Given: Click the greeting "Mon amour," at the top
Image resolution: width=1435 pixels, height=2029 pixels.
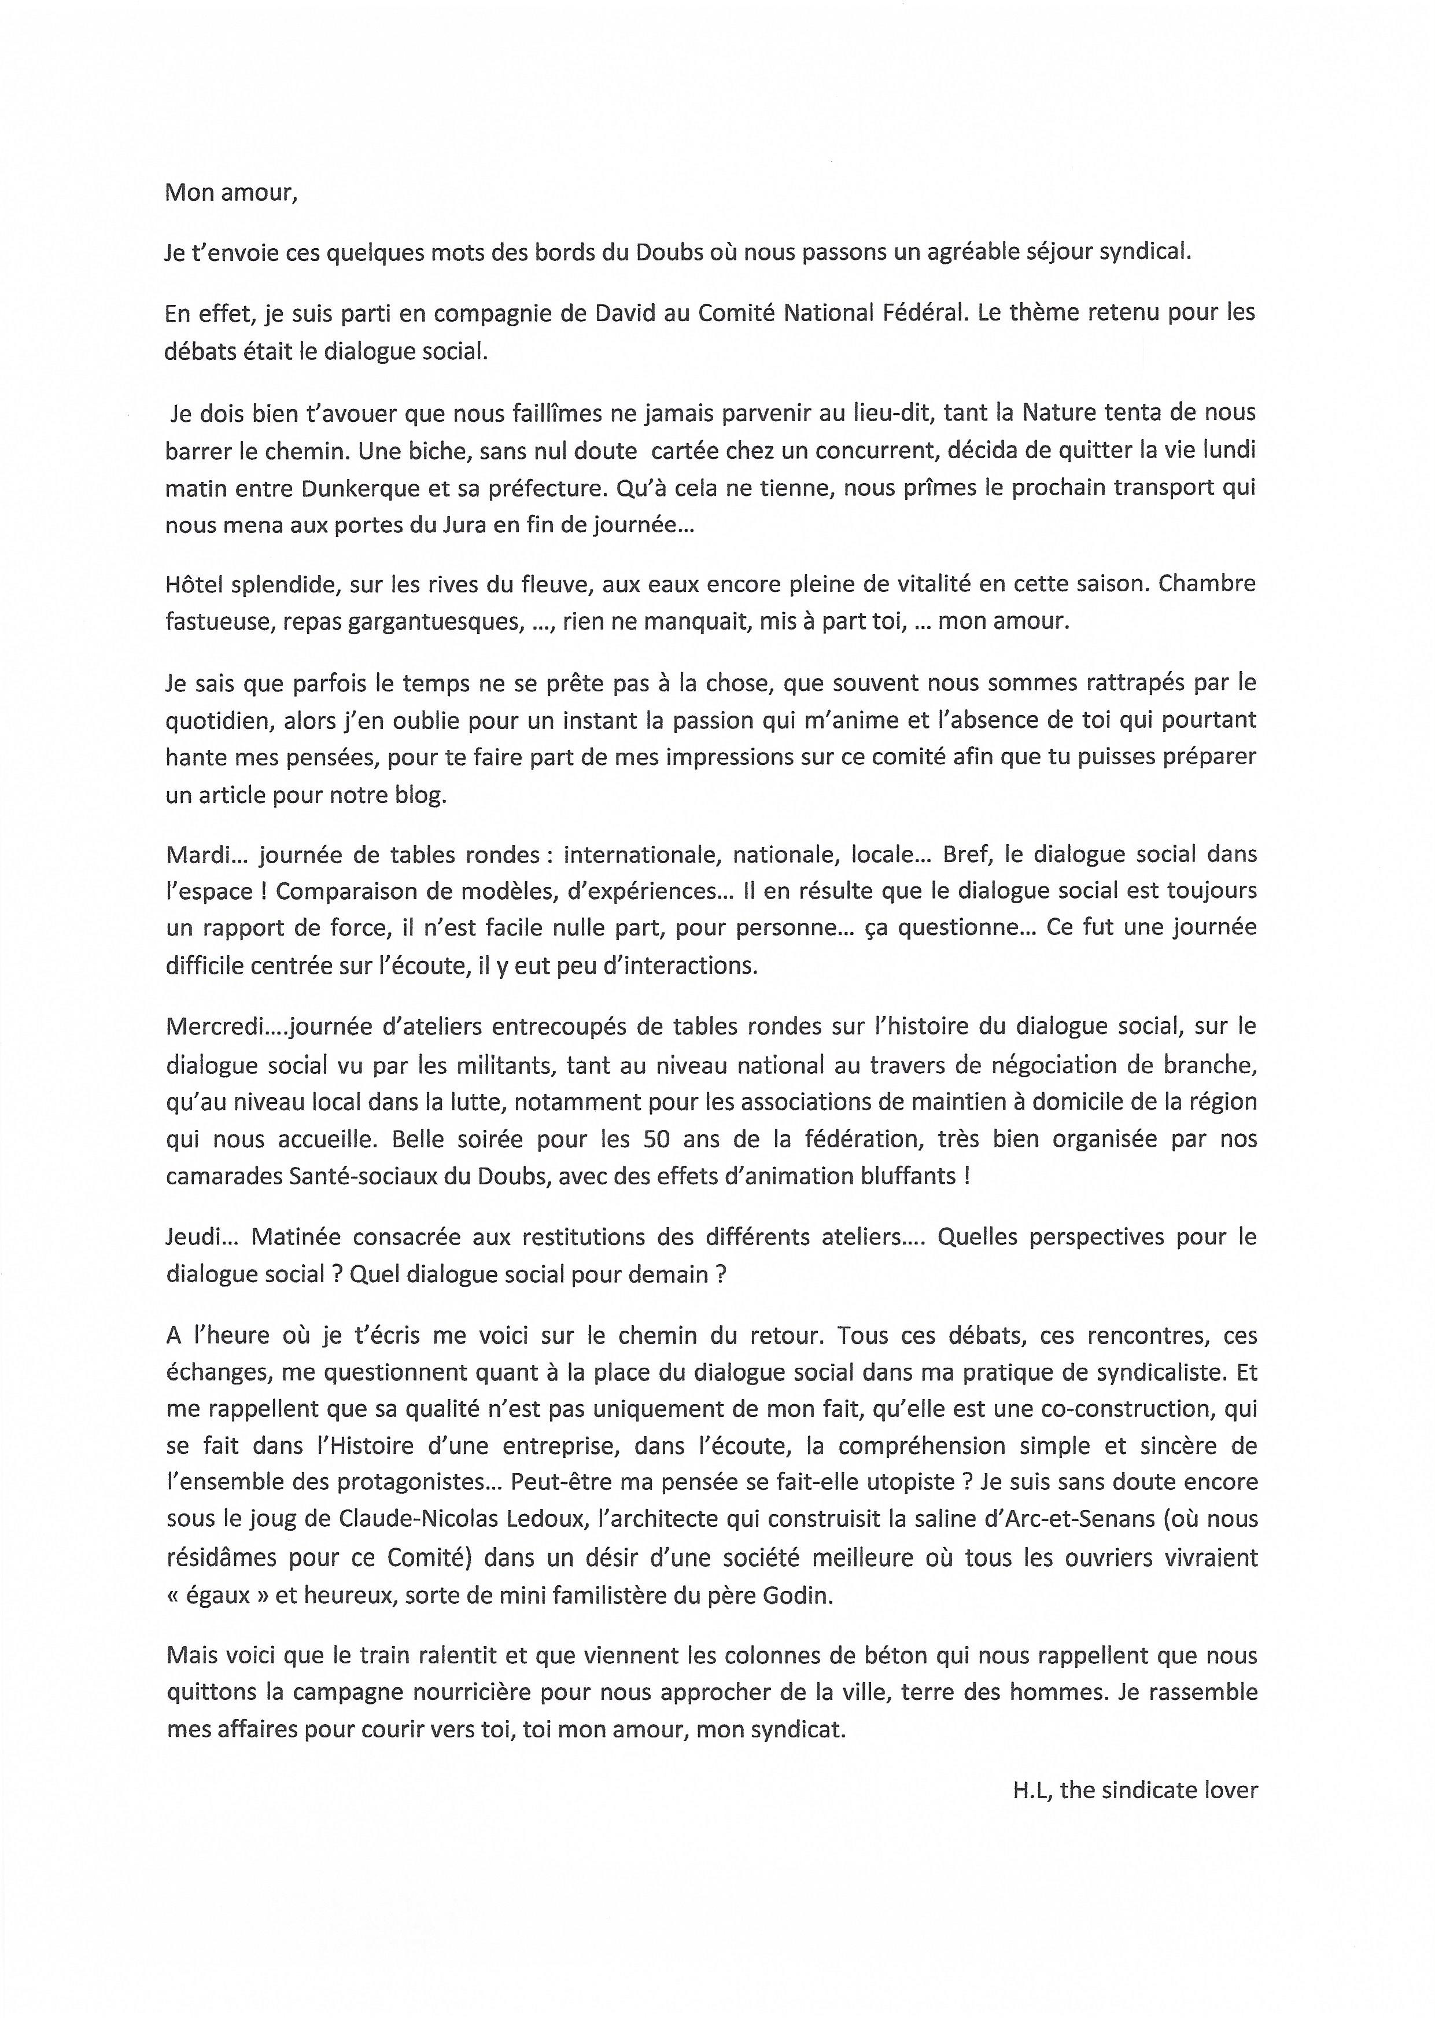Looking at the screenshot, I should pos(231,194).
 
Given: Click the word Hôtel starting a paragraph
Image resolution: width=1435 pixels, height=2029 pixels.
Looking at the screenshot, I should pos(192,584).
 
